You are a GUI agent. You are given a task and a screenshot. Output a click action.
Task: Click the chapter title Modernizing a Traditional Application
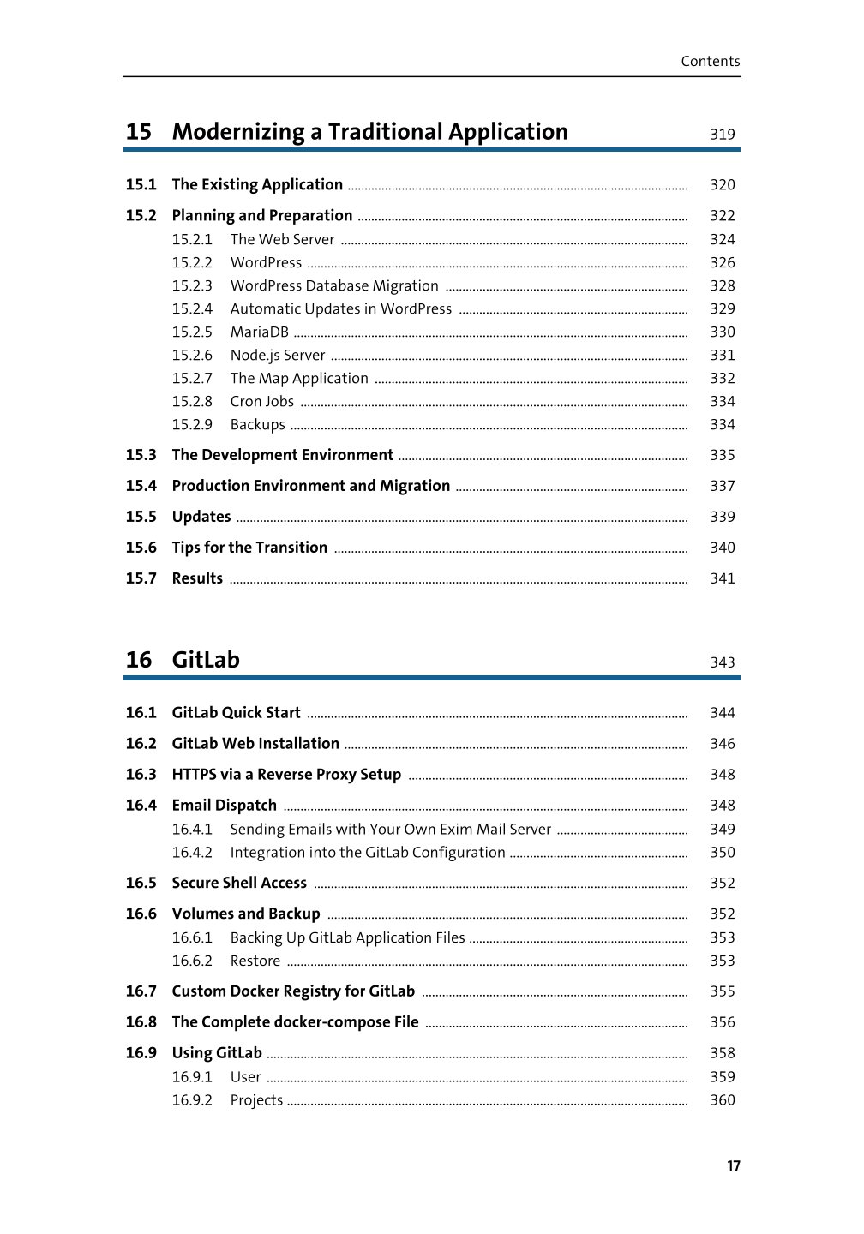(369, 132)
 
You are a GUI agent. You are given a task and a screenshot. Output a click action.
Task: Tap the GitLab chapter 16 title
(206, 660)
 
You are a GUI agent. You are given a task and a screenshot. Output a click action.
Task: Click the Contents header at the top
(710, 61)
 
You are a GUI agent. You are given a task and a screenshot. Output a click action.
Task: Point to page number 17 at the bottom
(733, 1166)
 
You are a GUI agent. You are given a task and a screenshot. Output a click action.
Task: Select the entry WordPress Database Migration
(334, 285)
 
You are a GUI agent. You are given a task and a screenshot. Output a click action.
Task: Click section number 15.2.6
(192, 355)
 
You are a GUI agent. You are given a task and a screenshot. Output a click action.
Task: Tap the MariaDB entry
(259, 332)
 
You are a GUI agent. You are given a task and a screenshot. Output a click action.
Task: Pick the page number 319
(722, 134)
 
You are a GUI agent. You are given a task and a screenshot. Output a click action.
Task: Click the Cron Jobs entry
(261, 401)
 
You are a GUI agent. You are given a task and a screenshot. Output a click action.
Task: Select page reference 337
(722, 486)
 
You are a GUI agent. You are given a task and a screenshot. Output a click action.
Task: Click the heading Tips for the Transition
(249, 548)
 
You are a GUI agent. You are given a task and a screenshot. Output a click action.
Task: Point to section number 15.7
(141, 578)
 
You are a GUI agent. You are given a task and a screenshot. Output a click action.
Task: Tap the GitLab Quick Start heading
(236, 713)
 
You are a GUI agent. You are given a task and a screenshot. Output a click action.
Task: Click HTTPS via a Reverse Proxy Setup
(286, 775)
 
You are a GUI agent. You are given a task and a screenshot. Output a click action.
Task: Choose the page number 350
(722, 852)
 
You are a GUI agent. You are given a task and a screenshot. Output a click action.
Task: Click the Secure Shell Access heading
(239, 883)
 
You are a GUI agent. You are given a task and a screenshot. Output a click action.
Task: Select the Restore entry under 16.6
(255, 961)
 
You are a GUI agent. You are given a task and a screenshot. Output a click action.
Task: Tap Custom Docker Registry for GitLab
(293, 991)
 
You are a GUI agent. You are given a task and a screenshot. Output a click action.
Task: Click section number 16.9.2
(192, 1099)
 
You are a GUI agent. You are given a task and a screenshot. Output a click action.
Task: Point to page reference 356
(722, 1022)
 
